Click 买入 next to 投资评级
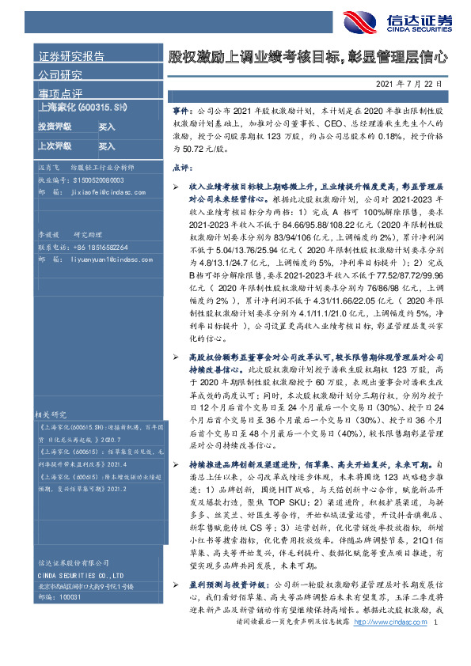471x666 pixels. click(107, 127)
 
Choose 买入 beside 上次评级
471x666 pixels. click(107, 146)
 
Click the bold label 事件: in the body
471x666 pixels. click(180, 113)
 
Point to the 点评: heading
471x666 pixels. click(180, 168)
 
